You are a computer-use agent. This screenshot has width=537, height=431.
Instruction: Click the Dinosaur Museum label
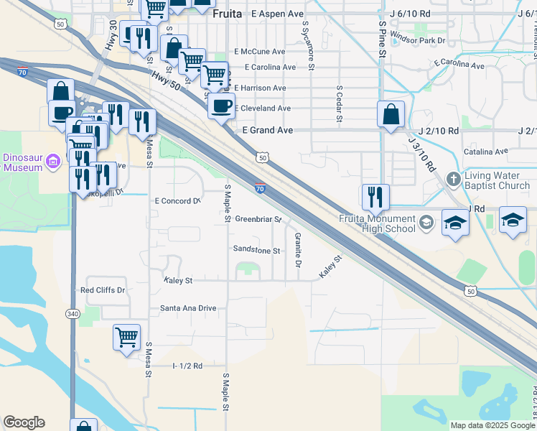pos(23,162)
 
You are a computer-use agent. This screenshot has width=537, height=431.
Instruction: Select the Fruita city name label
pos(227,13)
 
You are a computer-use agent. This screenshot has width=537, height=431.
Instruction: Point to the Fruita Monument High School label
pos(377,223)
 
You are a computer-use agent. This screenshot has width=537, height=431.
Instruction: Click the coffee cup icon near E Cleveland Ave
pos(221,106)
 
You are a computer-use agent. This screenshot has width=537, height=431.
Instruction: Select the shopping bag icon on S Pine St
pos(391,113)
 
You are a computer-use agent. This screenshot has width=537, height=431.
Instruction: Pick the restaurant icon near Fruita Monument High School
pos(375,196)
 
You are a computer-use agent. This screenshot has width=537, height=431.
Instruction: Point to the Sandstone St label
pos(256,250)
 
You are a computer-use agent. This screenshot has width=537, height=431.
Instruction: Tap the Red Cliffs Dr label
pos(103,290)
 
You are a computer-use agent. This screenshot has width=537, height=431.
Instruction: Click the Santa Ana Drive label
pos(188,308)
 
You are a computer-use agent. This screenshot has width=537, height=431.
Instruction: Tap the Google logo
pos(24,422)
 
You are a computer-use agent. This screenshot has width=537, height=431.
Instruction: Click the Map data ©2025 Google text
pos(492,425)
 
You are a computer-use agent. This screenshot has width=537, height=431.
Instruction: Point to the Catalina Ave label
pos(485,152)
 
